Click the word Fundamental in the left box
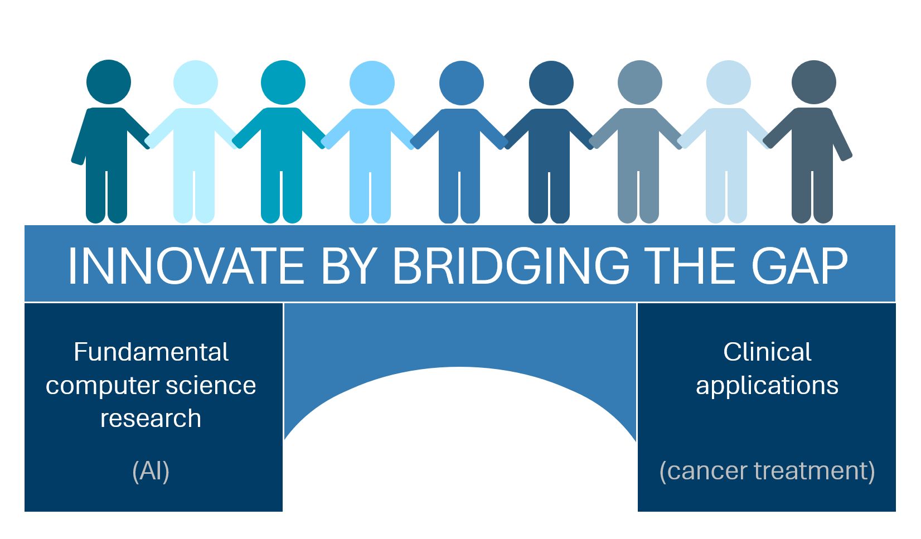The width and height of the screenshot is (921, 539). coord(151,352)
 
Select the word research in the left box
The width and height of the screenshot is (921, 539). coord(151,419)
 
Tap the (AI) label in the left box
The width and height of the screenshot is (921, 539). coord(151,471)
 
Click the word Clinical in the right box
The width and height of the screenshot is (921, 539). coord(767,352)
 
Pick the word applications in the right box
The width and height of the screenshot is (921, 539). coord(767,386)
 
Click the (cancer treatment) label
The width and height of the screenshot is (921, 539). coord(767,471)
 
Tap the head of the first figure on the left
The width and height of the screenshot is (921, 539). coord(109,82)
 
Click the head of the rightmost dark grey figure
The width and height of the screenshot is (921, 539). coord(813,82)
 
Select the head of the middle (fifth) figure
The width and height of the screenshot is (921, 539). coord(461,83)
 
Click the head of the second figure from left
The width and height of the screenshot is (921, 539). coord(195,82)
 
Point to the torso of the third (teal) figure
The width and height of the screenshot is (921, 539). coord(282,139)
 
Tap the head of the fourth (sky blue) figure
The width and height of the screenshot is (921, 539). coord(372,83)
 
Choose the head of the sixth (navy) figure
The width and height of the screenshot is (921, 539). coord(551,83)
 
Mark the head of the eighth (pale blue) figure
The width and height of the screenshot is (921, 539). coord(728,82)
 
